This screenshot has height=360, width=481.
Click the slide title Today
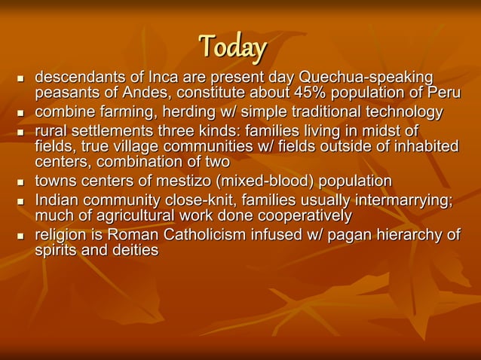point(232,48)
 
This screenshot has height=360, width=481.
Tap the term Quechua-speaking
point(366,78)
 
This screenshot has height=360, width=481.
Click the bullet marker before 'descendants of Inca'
point(20,79)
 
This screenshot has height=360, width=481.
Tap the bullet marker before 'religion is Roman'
point(20,236)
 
